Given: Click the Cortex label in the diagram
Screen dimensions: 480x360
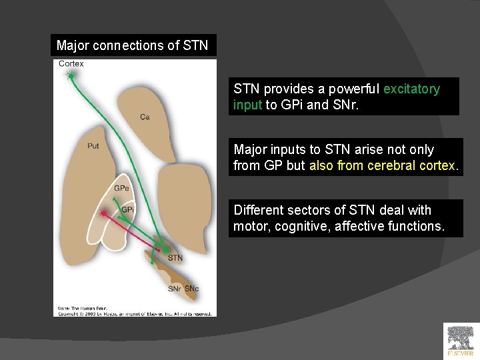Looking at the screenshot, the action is coord(71,64).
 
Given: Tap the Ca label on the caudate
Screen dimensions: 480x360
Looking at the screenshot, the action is coord(145,117).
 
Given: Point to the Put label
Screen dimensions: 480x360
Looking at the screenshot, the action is coord(93,145).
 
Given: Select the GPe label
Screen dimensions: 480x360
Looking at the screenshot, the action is coord(121,188).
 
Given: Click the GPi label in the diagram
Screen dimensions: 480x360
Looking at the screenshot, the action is coord(127,210).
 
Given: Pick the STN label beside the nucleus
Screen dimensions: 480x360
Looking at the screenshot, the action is coord(175,258).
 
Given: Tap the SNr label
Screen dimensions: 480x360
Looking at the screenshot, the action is coord(175,289).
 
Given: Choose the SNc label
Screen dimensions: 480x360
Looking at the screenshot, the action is coord(191,289).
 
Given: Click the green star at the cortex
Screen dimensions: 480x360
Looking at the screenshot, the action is coord(71,76).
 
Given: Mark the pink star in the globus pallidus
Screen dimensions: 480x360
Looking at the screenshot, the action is coord(103,213).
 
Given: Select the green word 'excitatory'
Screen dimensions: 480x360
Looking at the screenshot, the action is coord(411,89).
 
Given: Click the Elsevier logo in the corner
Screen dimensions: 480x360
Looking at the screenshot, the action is coord(461,341).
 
